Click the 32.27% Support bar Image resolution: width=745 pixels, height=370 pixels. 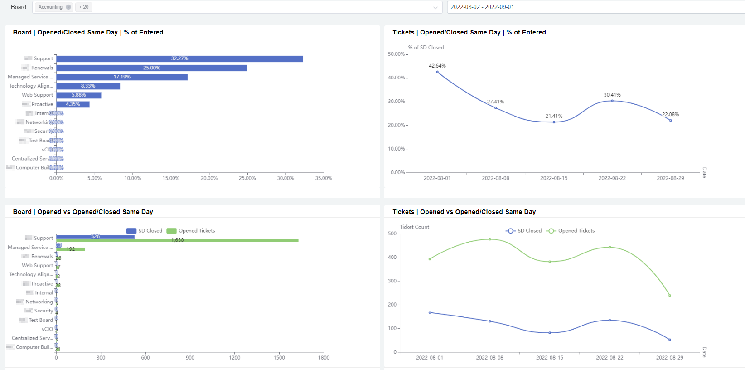click(x=179, y=59)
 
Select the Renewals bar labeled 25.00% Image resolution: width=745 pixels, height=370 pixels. click(x=152, y=68)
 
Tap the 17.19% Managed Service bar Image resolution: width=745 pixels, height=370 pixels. click(x=122, y=77)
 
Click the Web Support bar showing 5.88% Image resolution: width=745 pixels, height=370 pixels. click(x=79, y=95)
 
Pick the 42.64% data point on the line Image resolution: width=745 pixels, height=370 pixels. click(x=437, y=72)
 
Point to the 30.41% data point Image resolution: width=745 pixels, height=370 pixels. click(x=612, y=101)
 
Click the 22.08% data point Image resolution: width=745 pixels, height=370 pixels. click(x=671, y=120)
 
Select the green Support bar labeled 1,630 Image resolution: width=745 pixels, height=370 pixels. click(x=177, y=240)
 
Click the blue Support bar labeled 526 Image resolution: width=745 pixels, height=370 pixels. click(x=95, y=236)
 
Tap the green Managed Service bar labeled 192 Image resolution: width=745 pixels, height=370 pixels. click(x=71, y=249)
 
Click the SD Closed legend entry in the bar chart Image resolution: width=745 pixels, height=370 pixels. click(x=145, y=231)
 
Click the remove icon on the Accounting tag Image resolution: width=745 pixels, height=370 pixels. click(x=68, y=7)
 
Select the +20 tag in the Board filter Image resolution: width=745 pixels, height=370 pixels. click(x=84, y=7)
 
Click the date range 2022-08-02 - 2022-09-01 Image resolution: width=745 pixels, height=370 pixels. click(x=482, y=7)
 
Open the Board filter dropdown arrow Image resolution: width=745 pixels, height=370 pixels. click(x=435, y=7)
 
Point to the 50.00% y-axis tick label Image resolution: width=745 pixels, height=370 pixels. click(x=396, y=54)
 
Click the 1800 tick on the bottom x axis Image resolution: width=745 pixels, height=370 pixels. click(x=324, y=358)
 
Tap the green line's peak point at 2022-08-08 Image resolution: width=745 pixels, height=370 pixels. click(x=490, y=239)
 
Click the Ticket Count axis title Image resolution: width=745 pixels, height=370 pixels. click(x=414, y=227)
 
